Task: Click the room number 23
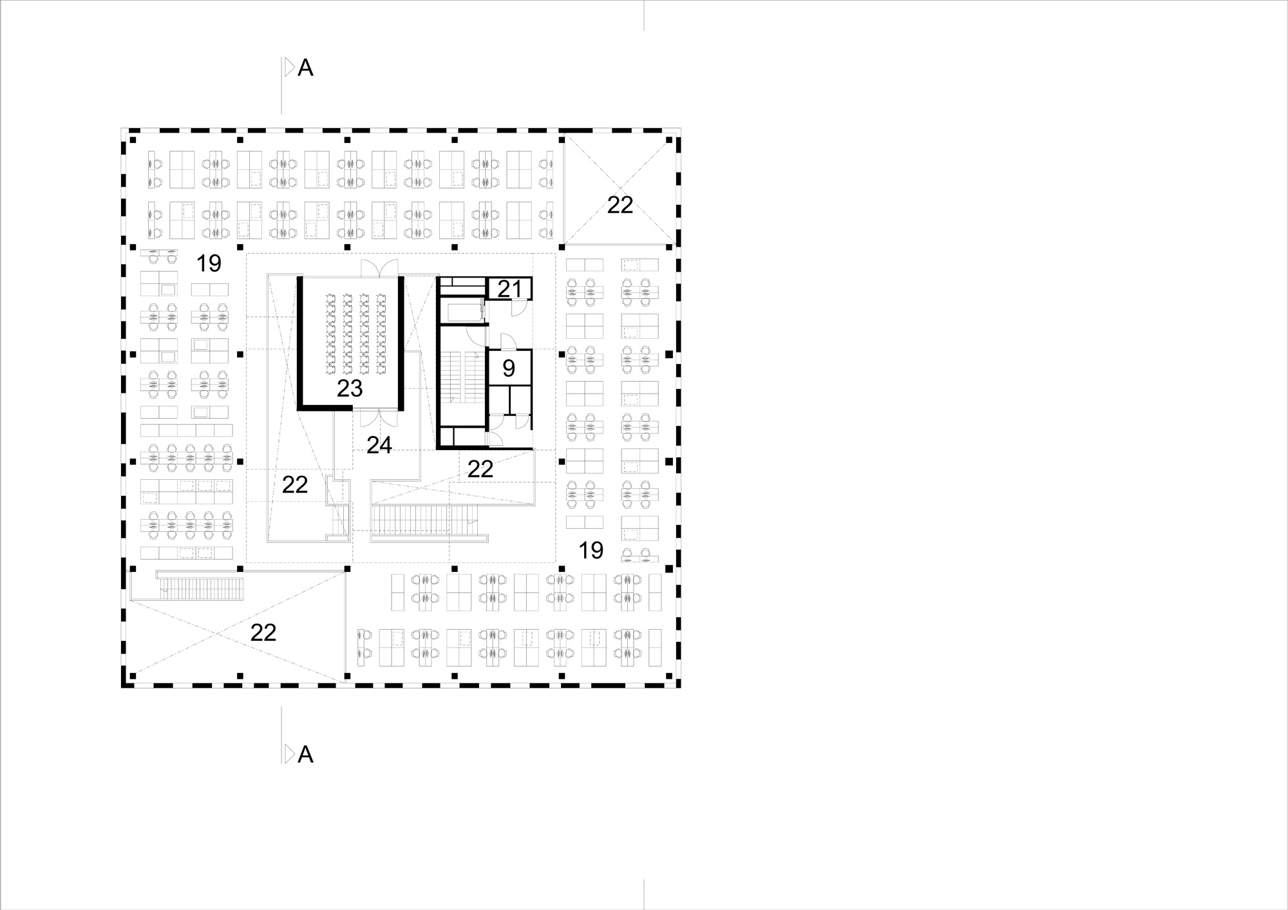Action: click(x=350, y=388)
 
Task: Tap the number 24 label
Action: click(x=379, y=445)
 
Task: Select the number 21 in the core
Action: click(x=509, y=289)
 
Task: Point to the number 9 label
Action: click(x=509, y=368)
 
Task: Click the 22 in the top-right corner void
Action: click(x=620, y=205)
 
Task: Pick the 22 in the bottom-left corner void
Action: click(x=263, y=632)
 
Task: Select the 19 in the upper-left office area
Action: click(x=209, y=263)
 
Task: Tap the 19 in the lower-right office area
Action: click(x=591, y=550)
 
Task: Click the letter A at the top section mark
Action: click(x=305, y=68)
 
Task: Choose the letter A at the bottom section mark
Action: click(x=305, y=754)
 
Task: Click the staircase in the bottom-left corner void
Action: click(x=202, y=588)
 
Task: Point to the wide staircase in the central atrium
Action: click(x=425, y=520)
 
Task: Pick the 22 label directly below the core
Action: click(x=480, y=469)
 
